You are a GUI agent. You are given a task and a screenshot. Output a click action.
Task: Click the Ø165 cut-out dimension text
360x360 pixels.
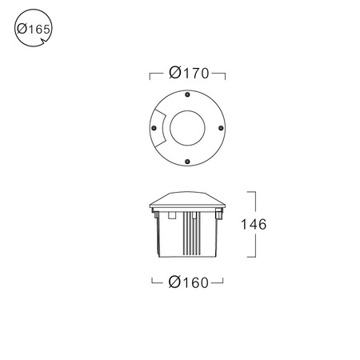34,29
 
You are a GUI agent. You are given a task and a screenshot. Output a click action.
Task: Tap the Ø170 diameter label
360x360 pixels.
189,73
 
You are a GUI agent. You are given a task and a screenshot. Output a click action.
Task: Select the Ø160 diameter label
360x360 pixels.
188,282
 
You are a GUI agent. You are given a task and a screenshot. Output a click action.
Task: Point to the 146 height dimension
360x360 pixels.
254,224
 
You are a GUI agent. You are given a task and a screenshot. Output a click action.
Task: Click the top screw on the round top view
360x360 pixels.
187,94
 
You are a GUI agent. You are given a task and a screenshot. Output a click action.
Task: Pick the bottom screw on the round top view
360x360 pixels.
187,162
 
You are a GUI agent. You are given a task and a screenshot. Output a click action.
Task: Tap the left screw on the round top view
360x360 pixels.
154,128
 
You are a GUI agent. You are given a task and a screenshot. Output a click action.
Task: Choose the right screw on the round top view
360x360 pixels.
221,128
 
